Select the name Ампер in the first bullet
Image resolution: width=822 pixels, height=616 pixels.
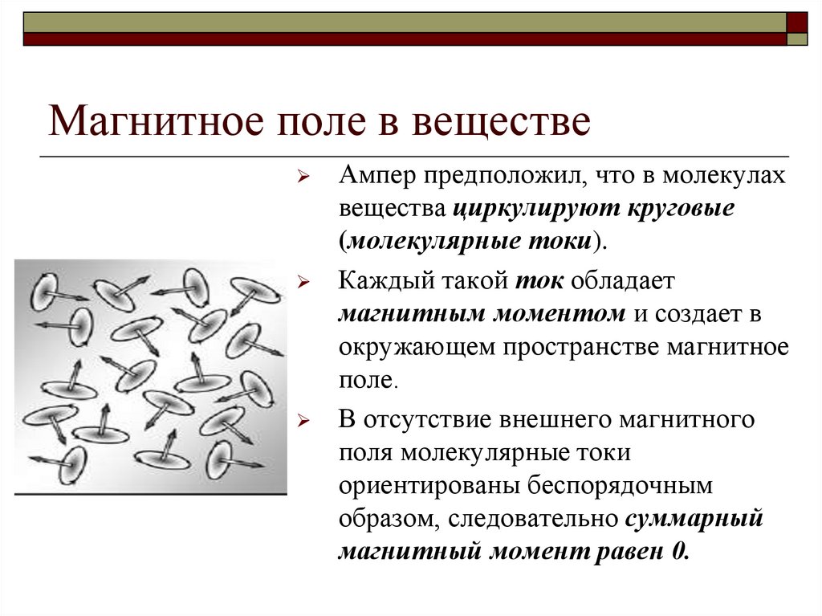(x=376, y=178)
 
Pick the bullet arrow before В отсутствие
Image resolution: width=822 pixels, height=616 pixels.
(x=303, y=421)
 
